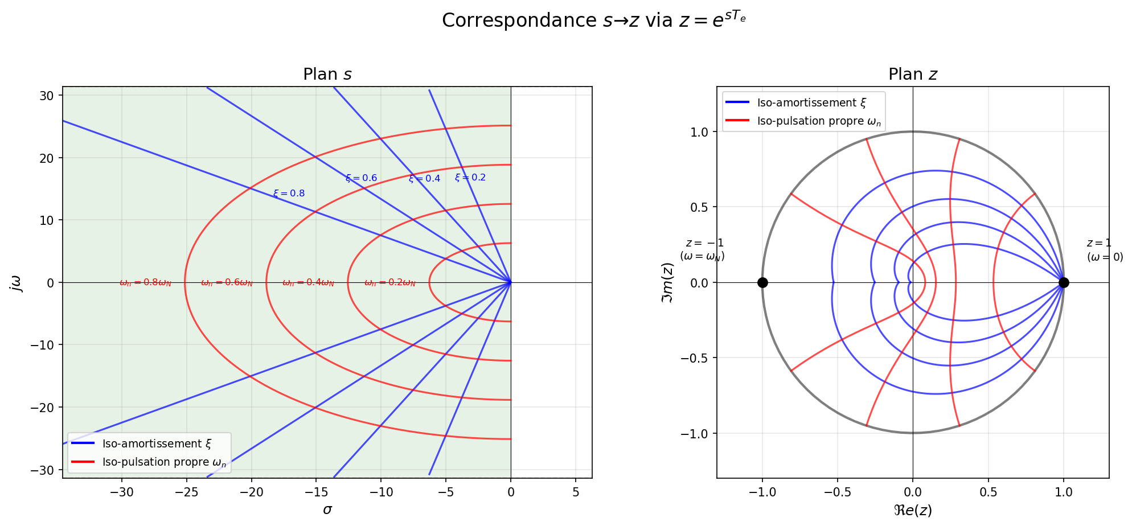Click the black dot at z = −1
click(762, 282)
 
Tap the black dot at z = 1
click(1063, 282)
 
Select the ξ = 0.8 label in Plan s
click(289, 194)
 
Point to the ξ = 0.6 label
click(361, 178)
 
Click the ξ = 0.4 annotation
click(424, 179)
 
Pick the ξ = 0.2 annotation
click(470, 178)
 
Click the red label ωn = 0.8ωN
click(145, 283)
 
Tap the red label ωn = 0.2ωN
click(390, 283)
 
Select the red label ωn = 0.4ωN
click(308, 283)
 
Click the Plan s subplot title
click(327, 75)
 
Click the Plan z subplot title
click(912, 75)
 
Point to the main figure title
click(593, 20)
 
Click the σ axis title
click(327, 509)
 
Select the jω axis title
click(17, 282)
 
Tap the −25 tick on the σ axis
click(186, 492)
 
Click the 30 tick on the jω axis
click(47, 96)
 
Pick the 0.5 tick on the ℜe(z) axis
click(988, 492)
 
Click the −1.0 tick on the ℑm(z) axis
click(695, 434)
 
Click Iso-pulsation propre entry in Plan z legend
click(818, 121)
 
